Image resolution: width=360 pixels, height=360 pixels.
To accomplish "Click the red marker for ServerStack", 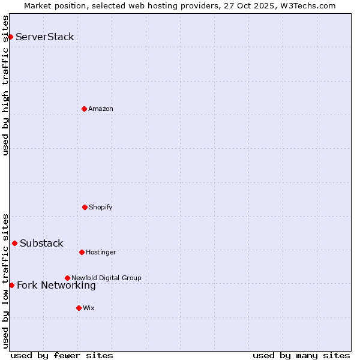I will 10,37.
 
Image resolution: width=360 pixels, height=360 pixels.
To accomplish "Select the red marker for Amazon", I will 84,109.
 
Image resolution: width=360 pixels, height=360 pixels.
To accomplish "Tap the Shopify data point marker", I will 85,207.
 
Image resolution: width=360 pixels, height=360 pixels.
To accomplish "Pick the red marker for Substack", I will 14,243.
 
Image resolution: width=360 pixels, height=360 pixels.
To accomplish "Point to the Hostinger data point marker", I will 82,252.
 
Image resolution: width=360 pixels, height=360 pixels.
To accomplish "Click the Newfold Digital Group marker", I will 67,278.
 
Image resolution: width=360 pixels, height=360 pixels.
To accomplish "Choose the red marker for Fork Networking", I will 11,285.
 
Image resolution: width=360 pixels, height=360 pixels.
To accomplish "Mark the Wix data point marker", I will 79,308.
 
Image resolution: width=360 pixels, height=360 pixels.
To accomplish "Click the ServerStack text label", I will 45,37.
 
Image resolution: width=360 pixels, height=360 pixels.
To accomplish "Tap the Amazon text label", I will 101,109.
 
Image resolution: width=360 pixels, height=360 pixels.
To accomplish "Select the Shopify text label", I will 101,208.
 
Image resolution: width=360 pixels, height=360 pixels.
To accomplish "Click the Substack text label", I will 41,244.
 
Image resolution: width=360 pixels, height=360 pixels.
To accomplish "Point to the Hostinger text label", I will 101,253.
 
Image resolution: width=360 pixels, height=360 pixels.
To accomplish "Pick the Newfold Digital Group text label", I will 106,278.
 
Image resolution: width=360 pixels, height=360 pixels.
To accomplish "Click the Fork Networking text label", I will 56,286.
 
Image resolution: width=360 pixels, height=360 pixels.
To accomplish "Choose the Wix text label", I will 89,308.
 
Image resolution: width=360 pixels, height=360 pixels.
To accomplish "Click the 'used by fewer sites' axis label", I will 62,355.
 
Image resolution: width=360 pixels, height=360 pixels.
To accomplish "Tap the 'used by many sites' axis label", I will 301,355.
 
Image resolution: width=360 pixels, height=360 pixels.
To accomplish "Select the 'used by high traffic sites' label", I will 5,85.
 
